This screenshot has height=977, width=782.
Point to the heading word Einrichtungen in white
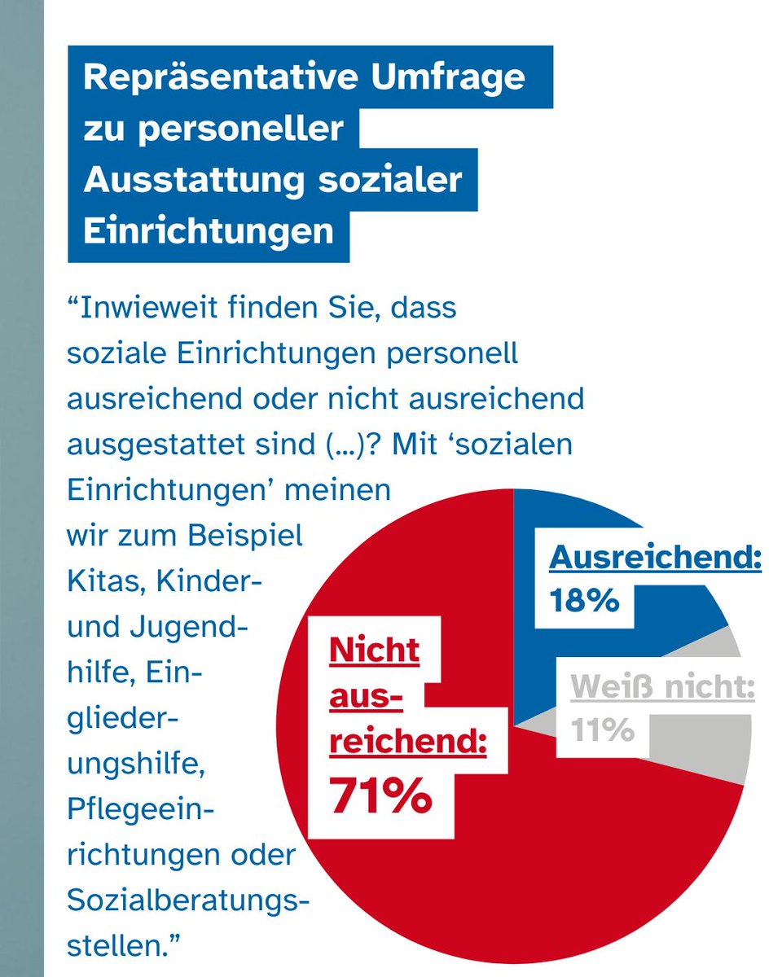[x=209, y=230]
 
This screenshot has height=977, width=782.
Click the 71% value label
[x=380, y=795]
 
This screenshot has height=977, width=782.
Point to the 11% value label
[x=603, y=730]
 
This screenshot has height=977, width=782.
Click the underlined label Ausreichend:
[x=655, y=559]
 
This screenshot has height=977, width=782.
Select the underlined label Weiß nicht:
[x=661, y=688]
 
